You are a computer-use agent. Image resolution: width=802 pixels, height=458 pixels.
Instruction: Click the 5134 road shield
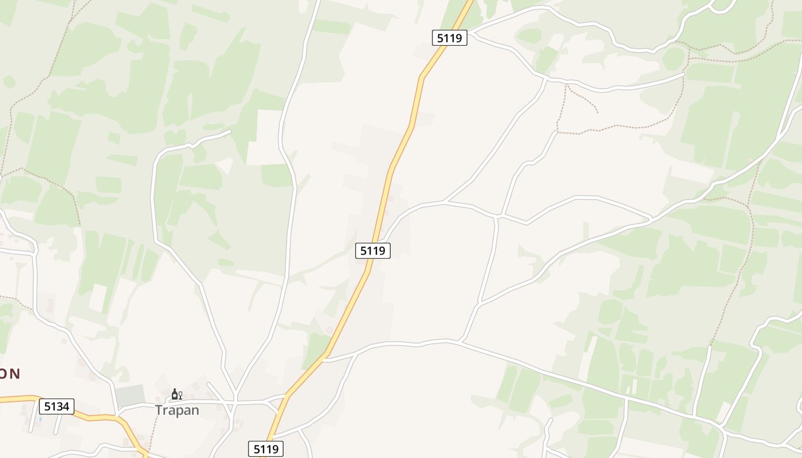(57, 406)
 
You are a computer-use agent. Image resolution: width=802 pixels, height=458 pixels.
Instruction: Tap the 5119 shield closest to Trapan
(266, 449)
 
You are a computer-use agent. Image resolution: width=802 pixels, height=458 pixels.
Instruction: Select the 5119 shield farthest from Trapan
(449, 38)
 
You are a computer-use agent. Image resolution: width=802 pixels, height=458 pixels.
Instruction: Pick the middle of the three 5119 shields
(373, 250)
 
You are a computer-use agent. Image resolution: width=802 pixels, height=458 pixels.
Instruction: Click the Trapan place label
(177, 410)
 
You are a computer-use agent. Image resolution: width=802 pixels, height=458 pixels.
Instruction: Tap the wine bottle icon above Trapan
(174, 394)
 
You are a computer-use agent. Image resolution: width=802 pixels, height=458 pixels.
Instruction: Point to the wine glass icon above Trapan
(180, 394)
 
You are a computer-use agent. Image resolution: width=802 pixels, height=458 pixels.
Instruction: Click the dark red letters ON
(10, 374)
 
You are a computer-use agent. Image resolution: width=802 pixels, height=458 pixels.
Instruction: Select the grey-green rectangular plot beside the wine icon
(130, 394)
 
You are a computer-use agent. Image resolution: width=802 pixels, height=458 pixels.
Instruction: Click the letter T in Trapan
(159, 410)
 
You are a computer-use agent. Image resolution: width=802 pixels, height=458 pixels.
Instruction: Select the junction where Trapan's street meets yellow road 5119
(284, 396)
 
